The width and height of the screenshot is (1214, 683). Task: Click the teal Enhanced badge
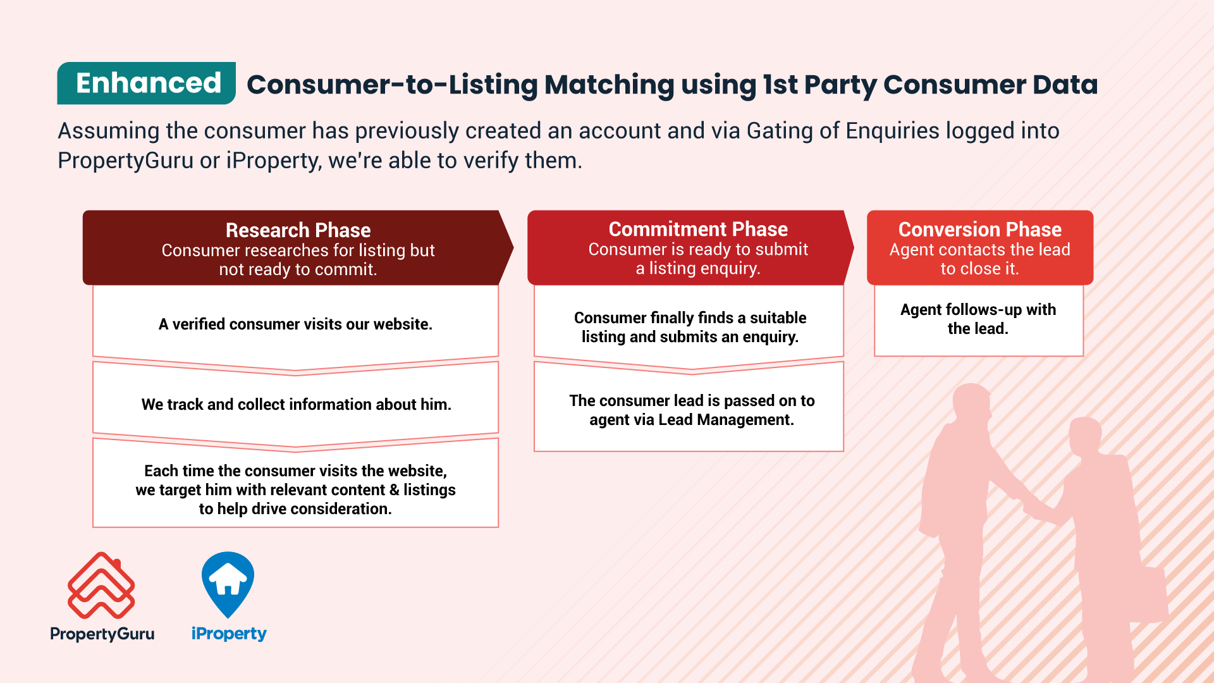coord(146,83)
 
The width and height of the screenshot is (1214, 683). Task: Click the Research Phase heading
coord(298,230)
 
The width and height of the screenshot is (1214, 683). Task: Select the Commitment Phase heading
coord(698,229)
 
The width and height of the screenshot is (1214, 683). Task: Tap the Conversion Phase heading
coord(979,229)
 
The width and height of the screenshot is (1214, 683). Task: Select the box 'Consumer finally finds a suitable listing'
coord(689,326)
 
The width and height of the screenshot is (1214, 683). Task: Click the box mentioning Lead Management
coord(689,408)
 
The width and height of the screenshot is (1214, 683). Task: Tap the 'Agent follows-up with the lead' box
coord(979,320)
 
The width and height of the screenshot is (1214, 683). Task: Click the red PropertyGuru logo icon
coord(101,586)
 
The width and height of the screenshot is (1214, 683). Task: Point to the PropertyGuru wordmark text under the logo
coord(102,634)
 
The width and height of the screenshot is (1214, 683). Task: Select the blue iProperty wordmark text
coord(229,634)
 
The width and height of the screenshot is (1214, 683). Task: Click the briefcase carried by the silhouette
coord(1146,594)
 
